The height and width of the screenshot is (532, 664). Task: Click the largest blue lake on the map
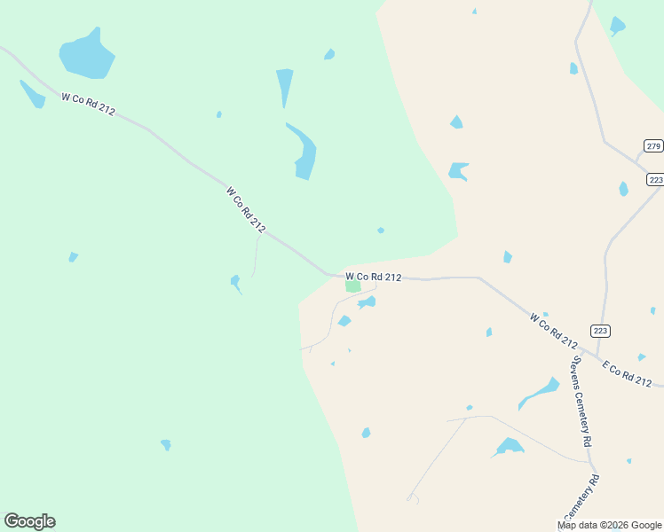87,57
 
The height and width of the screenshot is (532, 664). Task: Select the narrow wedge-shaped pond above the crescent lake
284,85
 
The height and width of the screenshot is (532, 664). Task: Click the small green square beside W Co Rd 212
353,286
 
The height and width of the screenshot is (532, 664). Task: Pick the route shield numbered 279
653,146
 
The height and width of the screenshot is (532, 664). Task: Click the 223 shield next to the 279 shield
655,179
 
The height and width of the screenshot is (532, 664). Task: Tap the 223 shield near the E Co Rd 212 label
601,331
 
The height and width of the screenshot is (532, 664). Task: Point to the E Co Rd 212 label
627,373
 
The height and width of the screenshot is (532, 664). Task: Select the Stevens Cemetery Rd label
581,401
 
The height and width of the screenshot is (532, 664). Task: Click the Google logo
29,521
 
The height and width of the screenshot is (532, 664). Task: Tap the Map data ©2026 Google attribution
608,525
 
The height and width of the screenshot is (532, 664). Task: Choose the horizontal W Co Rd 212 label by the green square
373,278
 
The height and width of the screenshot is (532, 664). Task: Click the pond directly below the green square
367,302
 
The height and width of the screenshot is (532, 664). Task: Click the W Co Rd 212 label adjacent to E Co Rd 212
554,330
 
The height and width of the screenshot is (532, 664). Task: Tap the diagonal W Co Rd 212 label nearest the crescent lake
245,209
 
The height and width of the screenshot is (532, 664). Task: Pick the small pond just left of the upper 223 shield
623,188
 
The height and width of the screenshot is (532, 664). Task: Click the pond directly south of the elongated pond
510,446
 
